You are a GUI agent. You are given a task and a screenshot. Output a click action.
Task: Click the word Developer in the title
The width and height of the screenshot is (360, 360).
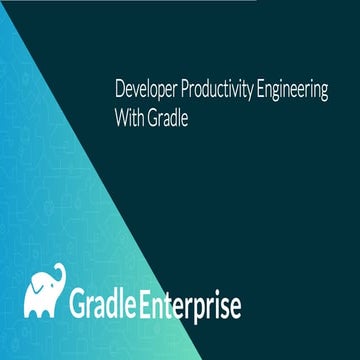point(146,89)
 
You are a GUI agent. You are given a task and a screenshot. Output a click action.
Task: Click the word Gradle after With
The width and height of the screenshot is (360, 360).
point(170,116)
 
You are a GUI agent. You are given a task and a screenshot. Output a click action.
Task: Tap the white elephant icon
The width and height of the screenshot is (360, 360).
point(44,293)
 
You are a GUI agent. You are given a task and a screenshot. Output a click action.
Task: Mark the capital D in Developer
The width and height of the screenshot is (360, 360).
point(121,89)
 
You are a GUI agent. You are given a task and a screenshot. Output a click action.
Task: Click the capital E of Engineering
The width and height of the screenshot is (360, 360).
point(262,89)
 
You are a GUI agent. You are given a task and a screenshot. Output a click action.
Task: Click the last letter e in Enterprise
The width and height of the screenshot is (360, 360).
point(234,306)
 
